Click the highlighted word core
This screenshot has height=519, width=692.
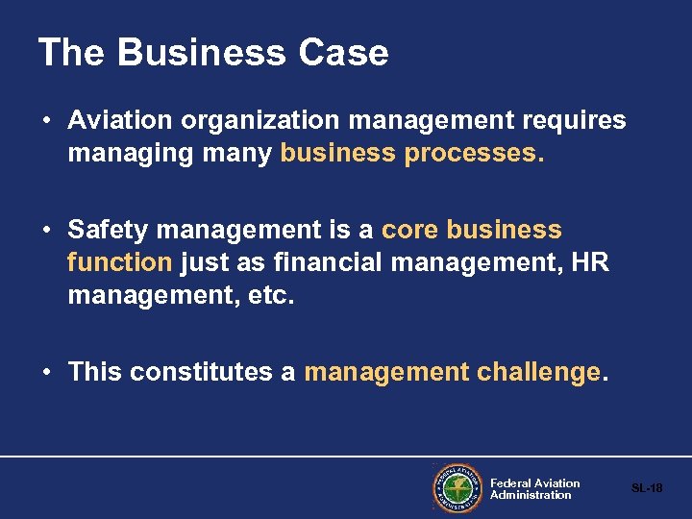click(x=410, y=230)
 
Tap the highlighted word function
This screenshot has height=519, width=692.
click(x=119, y=261)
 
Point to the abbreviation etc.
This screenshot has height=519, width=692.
click(x=274, y=294)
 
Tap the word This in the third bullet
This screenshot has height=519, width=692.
click(x=95, y=372)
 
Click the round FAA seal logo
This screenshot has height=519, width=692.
click(x=457, y=488)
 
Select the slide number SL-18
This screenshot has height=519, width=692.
click(x=647, y=488)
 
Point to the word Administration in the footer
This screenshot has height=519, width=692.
click(x=531, y=495)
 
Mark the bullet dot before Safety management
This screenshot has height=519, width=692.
click(x=47, y=231)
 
